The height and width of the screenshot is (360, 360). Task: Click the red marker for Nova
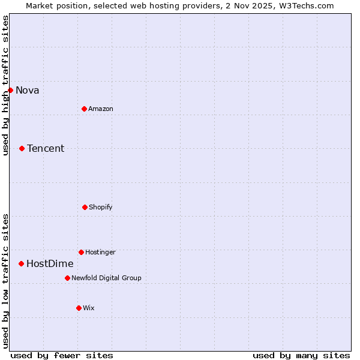point(10,90)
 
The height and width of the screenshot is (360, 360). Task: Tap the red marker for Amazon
point(84,109)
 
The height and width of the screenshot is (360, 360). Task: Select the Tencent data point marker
point(22,148)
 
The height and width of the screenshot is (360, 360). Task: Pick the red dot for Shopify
point(85,207)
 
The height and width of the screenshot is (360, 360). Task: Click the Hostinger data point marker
point(81,252)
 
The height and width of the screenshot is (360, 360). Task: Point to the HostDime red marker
point(21,263)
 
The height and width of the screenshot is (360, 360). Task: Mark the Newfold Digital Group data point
point(67,278)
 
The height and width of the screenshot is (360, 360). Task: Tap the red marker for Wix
point(79,308)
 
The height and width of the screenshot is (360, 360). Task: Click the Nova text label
point(28,91)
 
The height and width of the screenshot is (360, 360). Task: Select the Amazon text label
point(101,109)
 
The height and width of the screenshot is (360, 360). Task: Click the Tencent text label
point(46,149)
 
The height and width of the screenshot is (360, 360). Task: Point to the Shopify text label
point(101,208)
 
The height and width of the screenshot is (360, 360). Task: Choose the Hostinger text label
point(100,253)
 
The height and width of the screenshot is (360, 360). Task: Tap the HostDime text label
point(50,264)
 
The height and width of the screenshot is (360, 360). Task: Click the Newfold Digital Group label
point(106,278)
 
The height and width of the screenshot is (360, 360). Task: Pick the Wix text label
point(89,308)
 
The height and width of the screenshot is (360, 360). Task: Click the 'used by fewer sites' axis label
point(62,355)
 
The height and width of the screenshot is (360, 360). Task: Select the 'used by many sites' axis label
point(301,355)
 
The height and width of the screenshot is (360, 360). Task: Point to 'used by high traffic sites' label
point(5,85)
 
